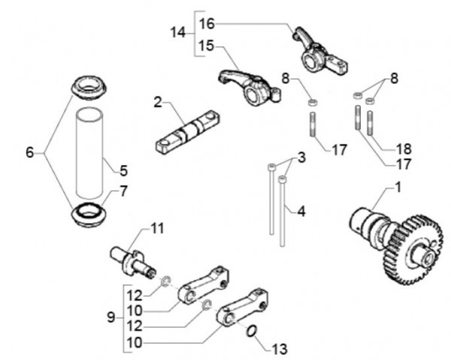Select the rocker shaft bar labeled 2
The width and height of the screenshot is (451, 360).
[x=188, y=131]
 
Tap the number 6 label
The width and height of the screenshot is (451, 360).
[x=30, y=153]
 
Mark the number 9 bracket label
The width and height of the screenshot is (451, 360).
[x=111, y=317]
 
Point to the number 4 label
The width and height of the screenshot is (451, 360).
[x=301, y=211]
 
